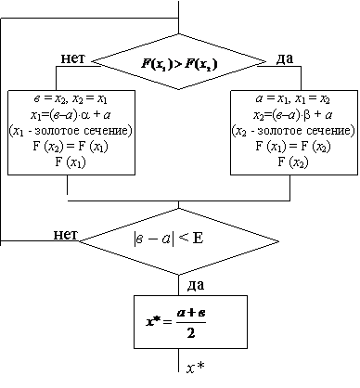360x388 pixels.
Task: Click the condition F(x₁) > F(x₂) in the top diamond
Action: pyautogui.click(x=179, y=64)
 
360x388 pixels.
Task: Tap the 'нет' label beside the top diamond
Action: pyautogui.click(x=73, y=58)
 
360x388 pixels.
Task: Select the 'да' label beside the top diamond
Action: pyautogui.click(x=284, y=58)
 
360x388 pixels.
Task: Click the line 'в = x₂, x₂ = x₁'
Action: pyautogui.click(x=71, y=99)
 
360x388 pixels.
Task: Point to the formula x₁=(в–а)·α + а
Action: pyautogui.click(x=71, y=115)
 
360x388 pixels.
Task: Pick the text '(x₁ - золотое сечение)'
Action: pyautogui.click(x=71, y=131)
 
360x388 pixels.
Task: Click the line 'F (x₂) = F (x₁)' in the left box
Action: pyautogui.click(x=71, y=147)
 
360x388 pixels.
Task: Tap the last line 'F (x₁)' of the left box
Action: pyautogui.click(x=71, y=162)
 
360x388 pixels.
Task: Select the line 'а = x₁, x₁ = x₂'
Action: pyautogui.click(x=293, y=99)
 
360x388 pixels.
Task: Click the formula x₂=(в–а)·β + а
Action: pyautogui.click(x=293, y=115)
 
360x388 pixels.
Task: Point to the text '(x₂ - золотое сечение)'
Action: pyautogui.click(x=293, y=131)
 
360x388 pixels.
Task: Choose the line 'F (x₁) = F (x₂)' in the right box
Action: pyautogui.click(x=293, y=147)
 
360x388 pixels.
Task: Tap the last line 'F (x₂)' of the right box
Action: pyautogui.click(x=293, y=162)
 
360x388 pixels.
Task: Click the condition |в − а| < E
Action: pyautogui.click(x=169, y=239)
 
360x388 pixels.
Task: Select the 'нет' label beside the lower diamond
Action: pyautogui.click(x=66, y=235)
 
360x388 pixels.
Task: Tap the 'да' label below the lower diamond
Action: pyautogui.click(x=196, y=285)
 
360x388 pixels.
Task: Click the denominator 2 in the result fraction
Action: pyautogui.click(x=191, y=333)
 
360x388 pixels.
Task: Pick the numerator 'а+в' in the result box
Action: pyautogui.click(x=191, y=313)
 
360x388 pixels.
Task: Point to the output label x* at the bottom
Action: pyautogui.click(x=196, y=368)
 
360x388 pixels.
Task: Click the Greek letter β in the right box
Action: pyautogui.click(x=307, y=115)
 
